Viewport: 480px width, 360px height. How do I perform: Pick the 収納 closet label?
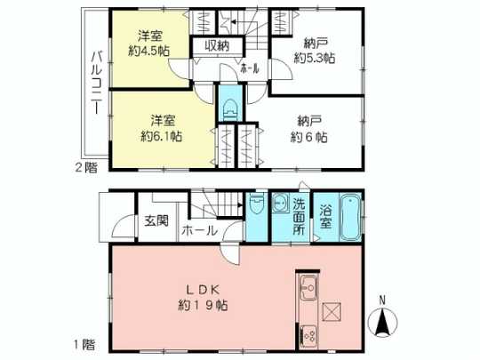217,45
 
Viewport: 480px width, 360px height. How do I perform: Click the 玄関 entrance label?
156,221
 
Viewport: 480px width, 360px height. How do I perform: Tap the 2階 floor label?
86,165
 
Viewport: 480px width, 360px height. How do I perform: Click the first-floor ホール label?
200,230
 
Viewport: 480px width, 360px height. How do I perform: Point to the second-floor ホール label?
250,68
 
